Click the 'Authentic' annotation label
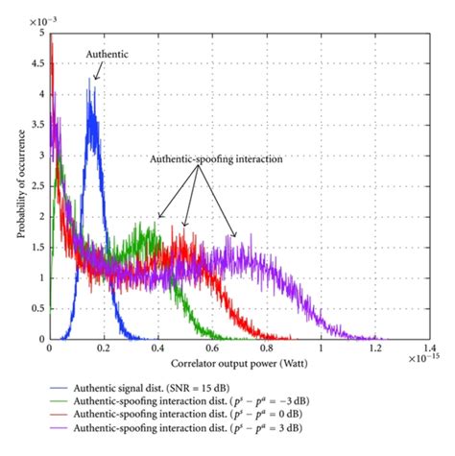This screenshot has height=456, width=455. (x=107, y=55)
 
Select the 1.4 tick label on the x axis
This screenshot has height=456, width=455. (x=429, y=350)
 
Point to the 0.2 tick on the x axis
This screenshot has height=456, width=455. (x=103, y=350)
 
